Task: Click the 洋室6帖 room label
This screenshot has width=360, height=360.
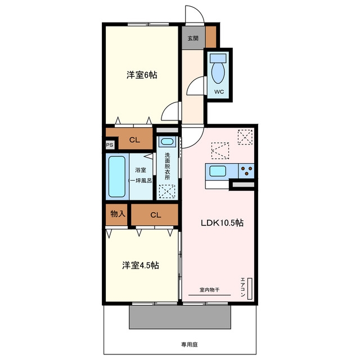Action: (142, 75)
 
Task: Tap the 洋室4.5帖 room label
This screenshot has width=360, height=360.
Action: (140, 265)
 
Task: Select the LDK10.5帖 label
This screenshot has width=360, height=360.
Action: (222, 223)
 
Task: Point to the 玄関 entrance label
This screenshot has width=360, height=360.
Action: (193, 38)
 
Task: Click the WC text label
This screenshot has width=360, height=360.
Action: (219, 92)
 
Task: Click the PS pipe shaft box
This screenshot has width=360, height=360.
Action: (110, 145)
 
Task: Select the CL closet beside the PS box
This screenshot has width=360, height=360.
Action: (135, 140)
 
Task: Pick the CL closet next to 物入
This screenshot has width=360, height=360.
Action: (155, 215)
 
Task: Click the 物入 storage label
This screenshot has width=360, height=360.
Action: (118, 214)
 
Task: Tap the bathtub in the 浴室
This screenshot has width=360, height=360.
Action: (117, 176)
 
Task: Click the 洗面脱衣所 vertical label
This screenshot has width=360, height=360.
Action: (167, 166)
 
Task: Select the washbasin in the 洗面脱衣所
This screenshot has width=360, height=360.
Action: (167, 141)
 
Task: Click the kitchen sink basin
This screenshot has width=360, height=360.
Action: (218, 171)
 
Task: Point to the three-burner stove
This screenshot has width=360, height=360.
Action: (246, 171)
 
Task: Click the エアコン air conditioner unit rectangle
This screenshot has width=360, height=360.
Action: (250, 289)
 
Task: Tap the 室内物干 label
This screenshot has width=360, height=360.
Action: (209, 290)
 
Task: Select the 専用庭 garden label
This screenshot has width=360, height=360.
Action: (190, 344)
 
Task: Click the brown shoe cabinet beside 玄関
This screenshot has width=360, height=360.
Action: (211, 37)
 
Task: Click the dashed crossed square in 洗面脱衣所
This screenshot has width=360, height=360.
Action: (167, 191)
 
